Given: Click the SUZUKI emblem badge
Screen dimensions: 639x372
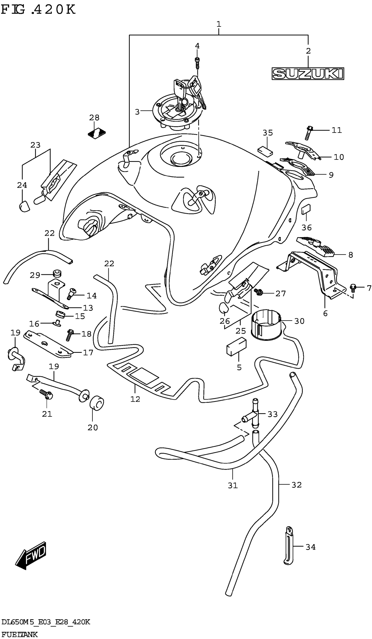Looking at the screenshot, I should click(307, 74).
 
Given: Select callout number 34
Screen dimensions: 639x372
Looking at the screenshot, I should click(310, 547).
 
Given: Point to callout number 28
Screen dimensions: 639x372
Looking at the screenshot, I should click(94, 118).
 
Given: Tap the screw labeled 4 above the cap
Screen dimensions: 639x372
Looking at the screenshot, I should click(197, 63).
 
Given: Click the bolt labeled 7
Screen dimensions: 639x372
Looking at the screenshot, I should click(353, 287).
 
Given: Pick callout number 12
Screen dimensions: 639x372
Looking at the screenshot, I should click(135, 399).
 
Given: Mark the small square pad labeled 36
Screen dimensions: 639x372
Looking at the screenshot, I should click(306, 209).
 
